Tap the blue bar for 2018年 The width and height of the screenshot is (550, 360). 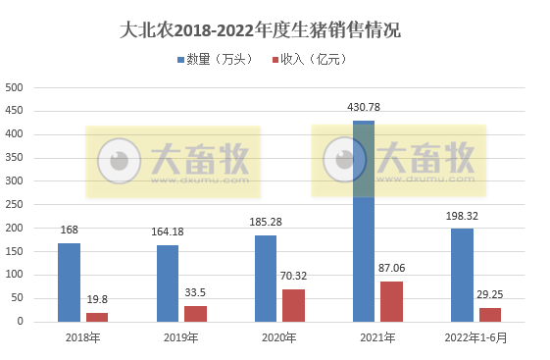69,283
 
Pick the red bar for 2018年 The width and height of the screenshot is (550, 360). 97,317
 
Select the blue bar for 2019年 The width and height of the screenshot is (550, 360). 168,283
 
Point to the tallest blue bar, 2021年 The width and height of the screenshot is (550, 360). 364,221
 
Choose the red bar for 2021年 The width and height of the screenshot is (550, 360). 391,301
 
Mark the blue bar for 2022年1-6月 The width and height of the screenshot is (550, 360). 462,275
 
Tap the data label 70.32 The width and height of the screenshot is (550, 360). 294,278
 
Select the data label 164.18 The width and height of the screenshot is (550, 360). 168,233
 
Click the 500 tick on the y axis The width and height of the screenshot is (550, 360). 15,87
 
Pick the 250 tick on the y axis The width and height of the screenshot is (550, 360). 15,204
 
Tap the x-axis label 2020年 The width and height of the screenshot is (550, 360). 279,338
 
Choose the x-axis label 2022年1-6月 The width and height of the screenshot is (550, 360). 475,338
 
